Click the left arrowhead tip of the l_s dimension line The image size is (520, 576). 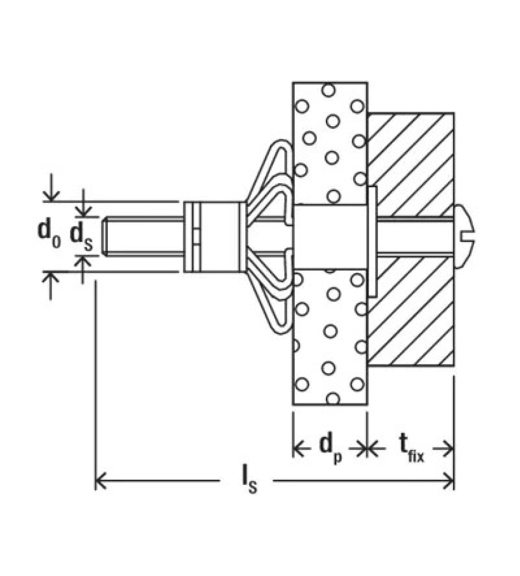click(x=96, y=481)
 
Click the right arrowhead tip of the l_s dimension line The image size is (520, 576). click(x=454, y=481)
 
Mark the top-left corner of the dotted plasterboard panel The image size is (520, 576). click(x=293, y=82)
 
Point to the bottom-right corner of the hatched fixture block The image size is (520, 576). click(x=454, y=366)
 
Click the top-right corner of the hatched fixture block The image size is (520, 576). click(x=454, y=113)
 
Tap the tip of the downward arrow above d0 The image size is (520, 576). click(x=51, y=201)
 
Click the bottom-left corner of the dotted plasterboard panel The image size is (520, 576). click(x=293, y=405)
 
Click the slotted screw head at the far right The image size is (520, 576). click(x=464, y=237)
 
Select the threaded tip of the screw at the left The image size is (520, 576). click(x=107, y=237)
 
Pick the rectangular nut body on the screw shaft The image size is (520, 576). click(x=214, y=237)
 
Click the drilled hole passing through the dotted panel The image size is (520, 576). click(x=330, y=237)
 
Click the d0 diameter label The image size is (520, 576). click(x=50, y=234)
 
